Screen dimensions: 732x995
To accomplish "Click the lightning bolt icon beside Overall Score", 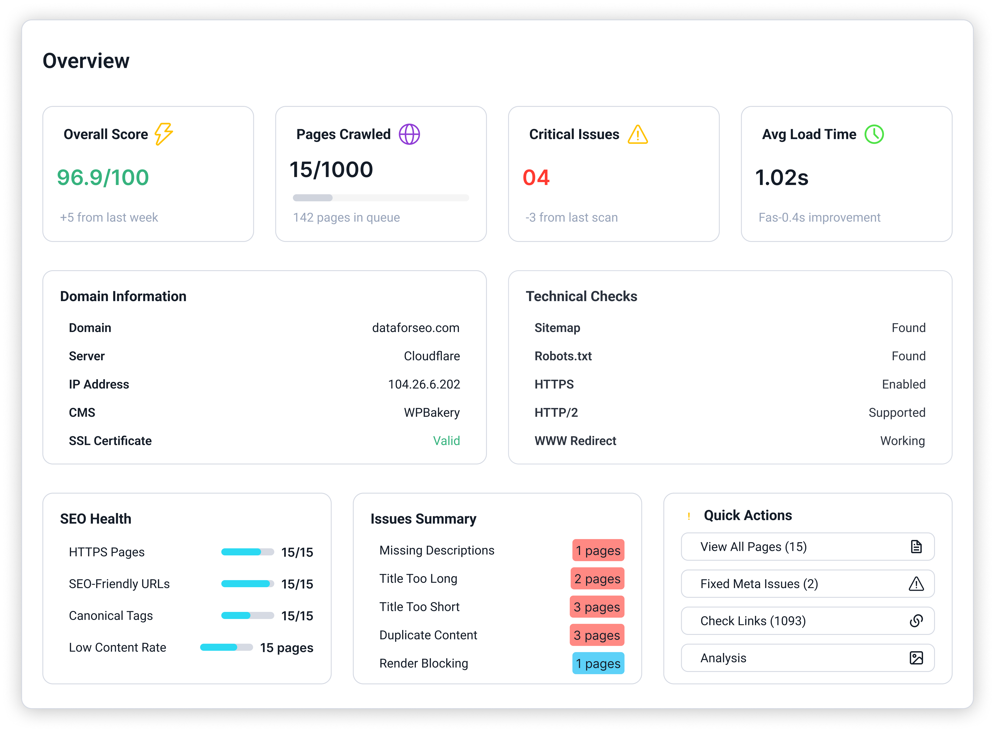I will click(x=164, y=134).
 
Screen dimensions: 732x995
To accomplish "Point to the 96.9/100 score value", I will click(x=103, y=177).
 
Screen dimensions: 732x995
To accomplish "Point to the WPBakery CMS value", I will click(x=432, y=413).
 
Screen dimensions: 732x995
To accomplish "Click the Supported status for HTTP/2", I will click(x=897, y=413).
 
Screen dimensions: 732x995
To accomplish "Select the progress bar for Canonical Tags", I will click(x=247, y=615).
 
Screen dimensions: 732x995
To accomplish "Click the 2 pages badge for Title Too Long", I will click(x=597, y=579).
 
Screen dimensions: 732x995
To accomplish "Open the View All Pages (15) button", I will click(x=807, y=547).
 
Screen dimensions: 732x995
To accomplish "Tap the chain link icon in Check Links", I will click(x=916, y=621).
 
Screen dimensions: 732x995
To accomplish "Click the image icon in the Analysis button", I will click(x=916, y=658).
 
